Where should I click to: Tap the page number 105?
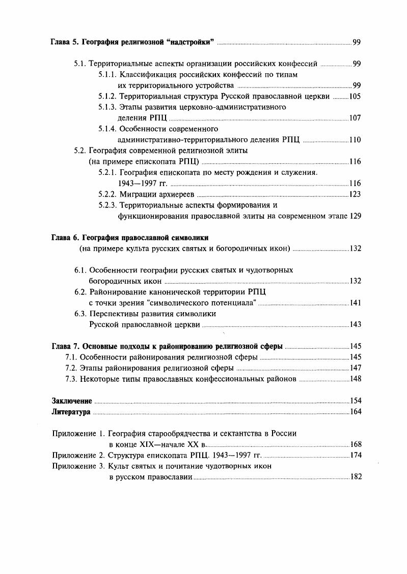tap(356, 96)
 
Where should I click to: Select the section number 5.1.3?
tap(107, 107)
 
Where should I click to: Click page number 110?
tap(356, 140)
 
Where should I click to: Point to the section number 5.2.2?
tap(107, 194)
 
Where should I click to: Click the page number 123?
tap(356, 194)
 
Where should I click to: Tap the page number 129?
tap(356, 216)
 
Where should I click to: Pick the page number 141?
tap(356, 303)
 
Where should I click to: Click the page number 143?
tap(356, 325)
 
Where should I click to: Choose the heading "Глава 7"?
tap(66, 346)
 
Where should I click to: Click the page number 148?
tap(356, 379)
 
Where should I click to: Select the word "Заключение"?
tap(72, 401)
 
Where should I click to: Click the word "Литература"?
tap(71, 412)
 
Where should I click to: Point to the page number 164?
tap(356, 412)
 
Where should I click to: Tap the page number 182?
tap(356, 477)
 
